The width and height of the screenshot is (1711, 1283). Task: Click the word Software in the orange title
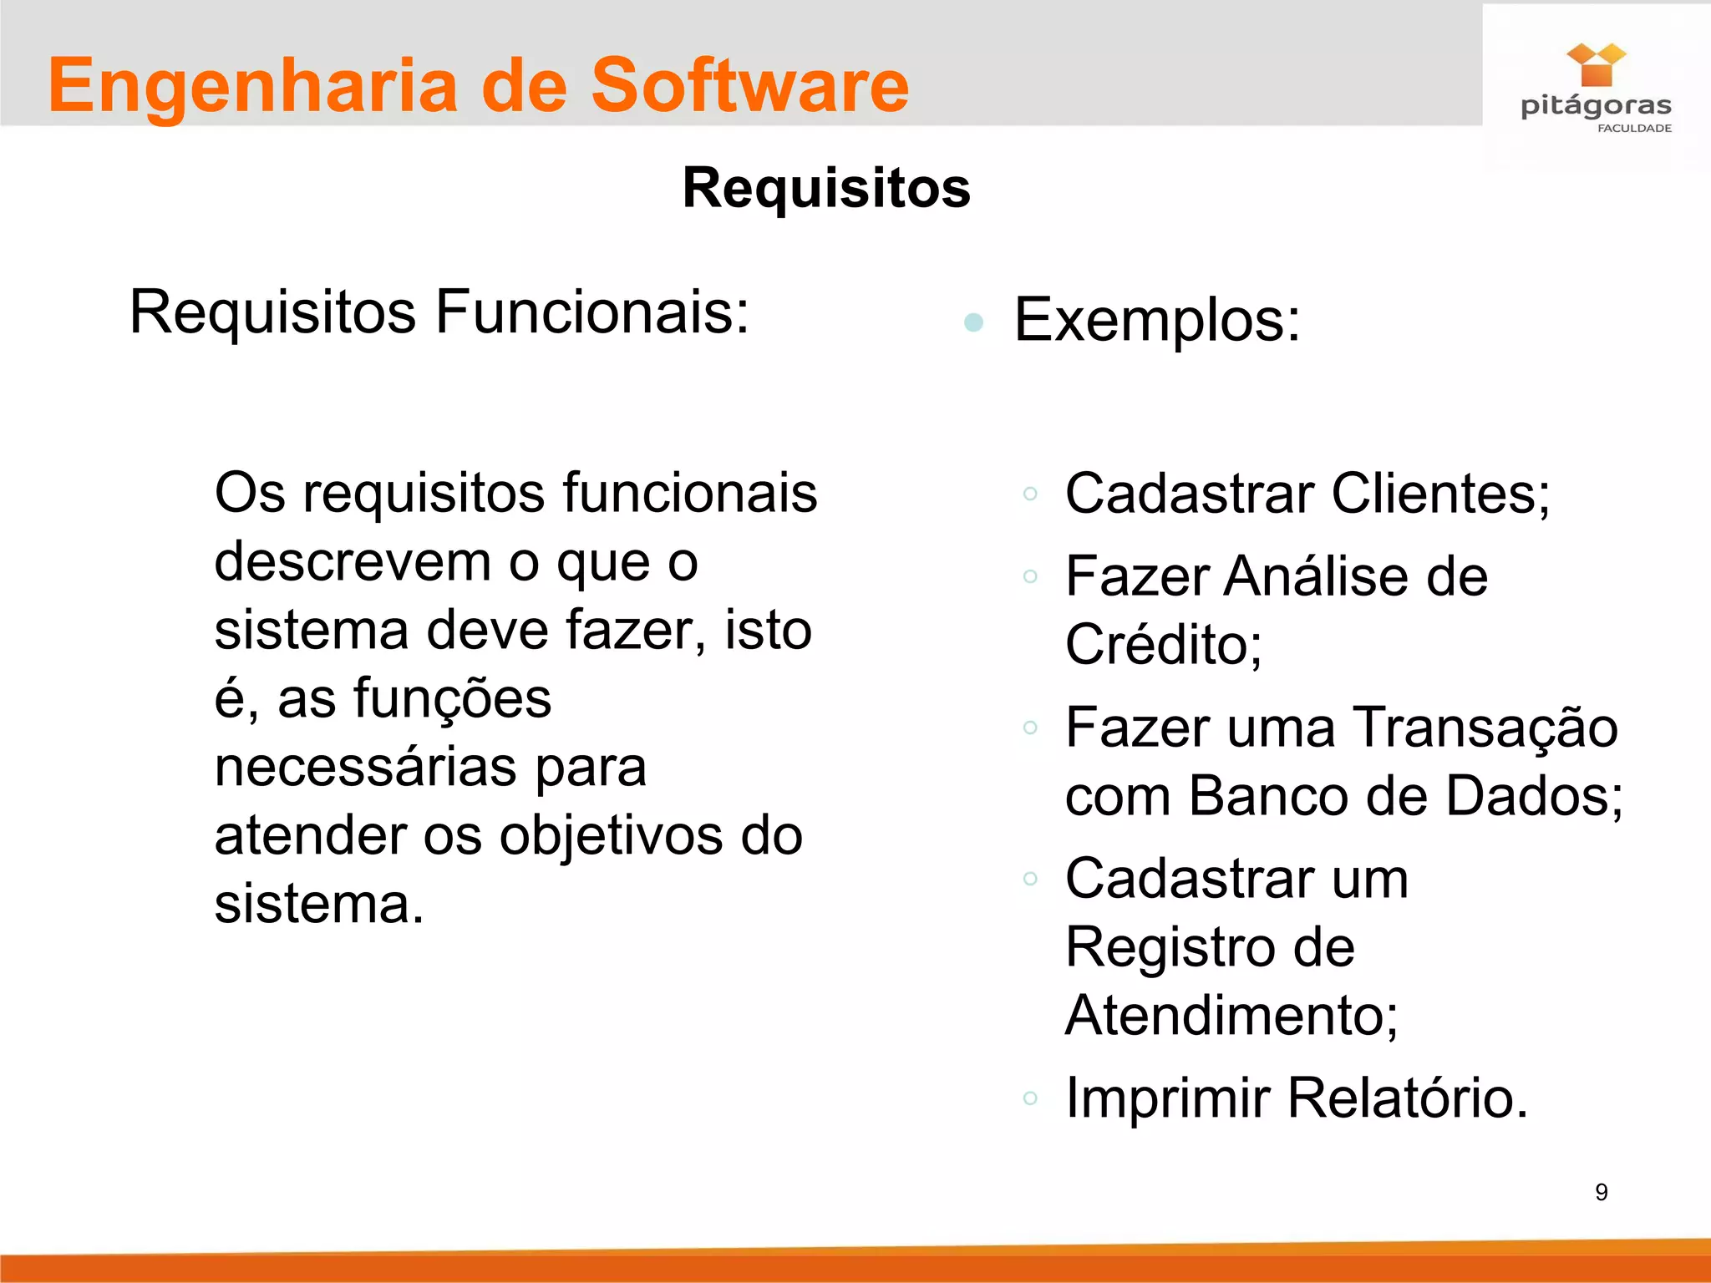[749, 86]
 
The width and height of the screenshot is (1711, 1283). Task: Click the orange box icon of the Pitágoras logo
[1596, 66]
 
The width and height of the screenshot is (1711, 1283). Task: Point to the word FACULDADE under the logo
[1634, 129]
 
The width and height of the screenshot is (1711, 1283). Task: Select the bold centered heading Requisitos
[826, 188]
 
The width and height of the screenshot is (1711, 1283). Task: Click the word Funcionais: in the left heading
[592, 312]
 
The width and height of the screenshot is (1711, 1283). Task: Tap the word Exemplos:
[1157, 320]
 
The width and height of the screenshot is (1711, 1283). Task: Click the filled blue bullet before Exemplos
[973, 322]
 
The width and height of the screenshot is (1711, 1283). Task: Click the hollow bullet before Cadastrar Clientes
[1030, 494]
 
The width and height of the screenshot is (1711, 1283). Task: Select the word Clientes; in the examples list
[1440, 494]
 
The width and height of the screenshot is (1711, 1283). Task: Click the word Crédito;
[1164, 645]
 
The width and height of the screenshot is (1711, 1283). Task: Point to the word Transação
[1485, 728]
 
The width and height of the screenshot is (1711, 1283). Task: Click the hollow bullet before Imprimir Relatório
[1030, 1098]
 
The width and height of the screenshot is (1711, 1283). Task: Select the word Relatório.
[1407, 1098]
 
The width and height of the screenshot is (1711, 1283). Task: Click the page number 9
[1601, 1192]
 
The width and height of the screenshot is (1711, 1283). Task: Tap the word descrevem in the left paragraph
[353, 562]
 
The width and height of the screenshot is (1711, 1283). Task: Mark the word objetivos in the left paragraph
[612, 836]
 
